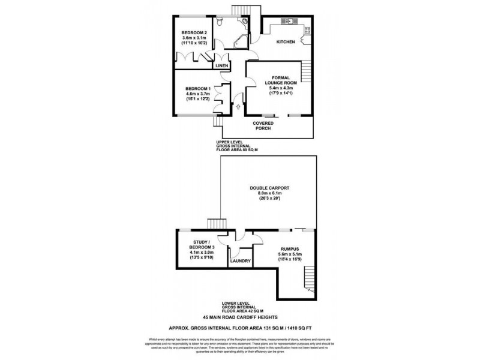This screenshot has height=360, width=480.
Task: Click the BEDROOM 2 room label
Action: click(194, 32)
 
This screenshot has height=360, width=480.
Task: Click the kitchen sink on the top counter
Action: click(288, 22)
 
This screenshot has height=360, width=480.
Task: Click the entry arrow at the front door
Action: click(239, 107)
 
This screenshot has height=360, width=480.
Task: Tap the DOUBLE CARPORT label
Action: click(270, 188)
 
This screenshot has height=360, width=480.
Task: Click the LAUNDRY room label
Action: click(240, 261)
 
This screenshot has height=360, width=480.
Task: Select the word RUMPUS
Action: click(290, 248)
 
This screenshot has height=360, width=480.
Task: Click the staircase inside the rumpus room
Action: click(308, 278)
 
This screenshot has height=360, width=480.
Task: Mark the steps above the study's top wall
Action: click(215, 224)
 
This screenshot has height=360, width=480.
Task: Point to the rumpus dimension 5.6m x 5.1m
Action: click(290, 254)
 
